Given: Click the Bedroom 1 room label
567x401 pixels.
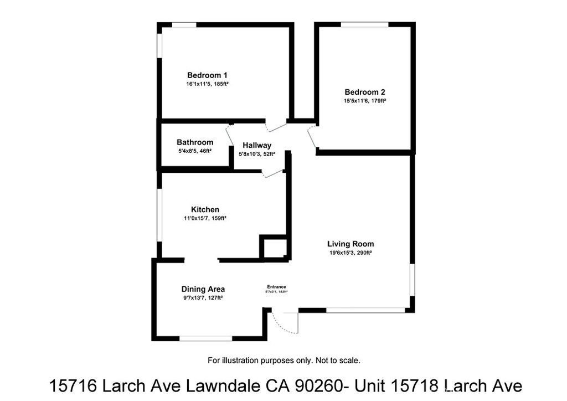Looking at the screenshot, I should (x=207, y=75).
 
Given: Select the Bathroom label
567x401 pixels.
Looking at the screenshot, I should (x=195, y=142).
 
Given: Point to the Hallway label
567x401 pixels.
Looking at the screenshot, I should (x=257, y=146).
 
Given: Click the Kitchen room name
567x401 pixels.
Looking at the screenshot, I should (x=205, y=209).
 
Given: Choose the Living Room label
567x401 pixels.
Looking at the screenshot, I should (x=350, y=244).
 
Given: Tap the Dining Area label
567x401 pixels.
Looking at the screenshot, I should (x=203, y=289).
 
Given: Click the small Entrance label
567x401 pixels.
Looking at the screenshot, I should (x=276, y=286).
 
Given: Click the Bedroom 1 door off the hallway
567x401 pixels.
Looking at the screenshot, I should (x=275, y=125).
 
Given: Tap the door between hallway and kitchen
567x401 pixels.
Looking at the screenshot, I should (x=273, y=173).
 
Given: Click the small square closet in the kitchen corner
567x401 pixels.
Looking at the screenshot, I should (x=274, y=247).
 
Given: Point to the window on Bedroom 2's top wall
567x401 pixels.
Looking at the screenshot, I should (x=364, y=24).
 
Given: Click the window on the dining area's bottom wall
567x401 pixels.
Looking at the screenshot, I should (x=205, y=338).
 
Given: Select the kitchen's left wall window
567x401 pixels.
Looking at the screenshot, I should (x=159, y=215).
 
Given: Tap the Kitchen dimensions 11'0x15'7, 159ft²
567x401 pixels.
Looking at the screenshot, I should (x=205, y=218).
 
